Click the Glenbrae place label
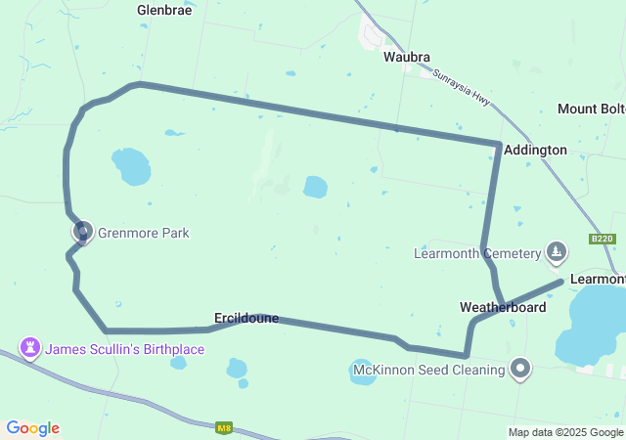point(164,11)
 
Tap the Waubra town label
point(406,57)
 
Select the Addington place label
point(535,150)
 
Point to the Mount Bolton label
point(591,109)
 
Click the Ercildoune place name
point(246,318)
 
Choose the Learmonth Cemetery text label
point(477,254)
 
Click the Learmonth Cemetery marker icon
point(557,252)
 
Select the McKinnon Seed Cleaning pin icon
point(521,369)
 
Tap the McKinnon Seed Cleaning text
point(428,370)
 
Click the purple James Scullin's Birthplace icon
point(30,347)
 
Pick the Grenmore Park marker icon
point(83,233)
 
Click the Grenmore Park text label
point(143,234)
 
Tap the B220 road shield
point(602,240)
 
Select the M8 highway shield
point(224,426)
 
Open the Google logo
point(32,428)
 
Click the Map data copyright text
point(565,432)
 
